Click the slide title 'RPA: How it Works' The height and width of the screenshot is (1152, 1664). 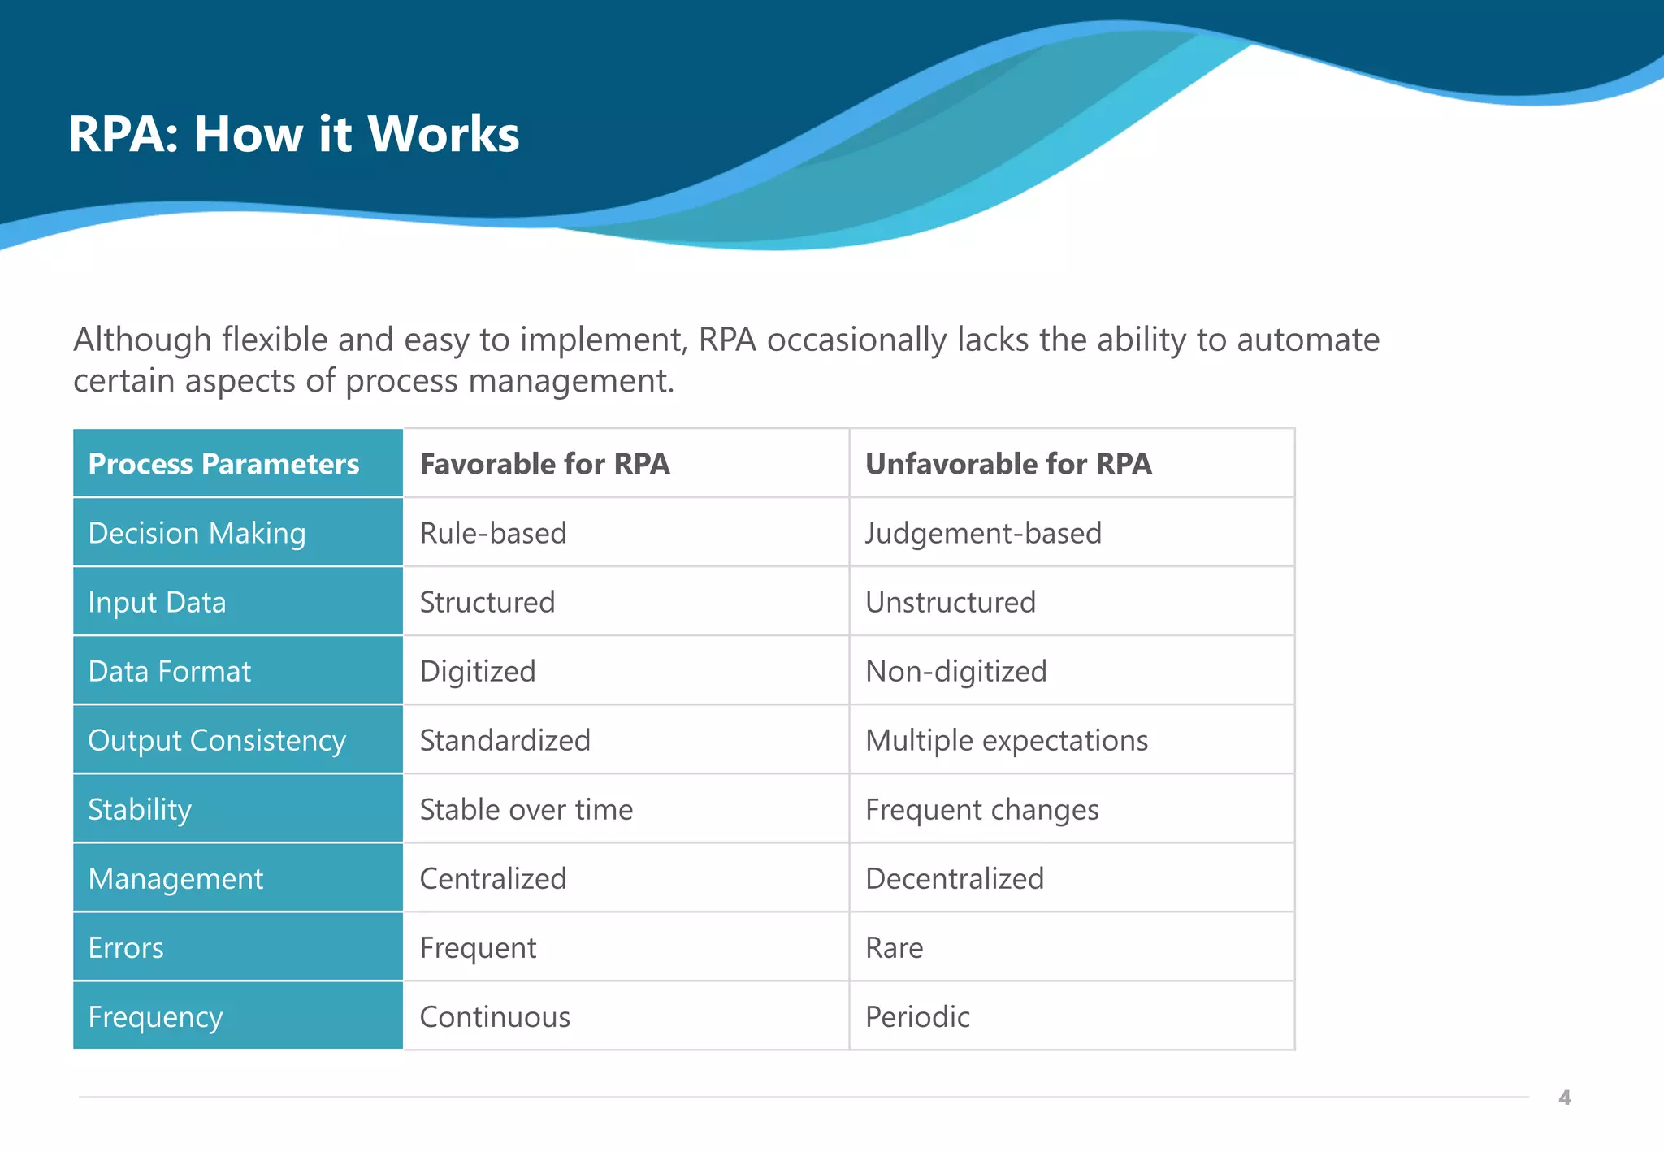pos(293,134)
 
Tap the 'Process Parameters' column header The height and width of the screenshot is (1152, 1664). pos(223,464)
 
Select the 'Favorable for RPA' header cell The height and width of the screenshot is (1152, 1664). pos(544,464)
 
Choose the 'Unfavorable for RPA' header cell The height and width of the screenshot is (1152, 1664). pos(1008,464)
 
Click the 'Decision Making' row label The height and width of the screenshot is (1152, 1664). pos(197,533)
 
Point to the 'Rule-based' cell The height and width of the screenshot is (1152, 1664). pos(493,533)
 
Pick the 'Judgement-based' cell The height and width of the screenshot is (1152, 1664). pos(983,533)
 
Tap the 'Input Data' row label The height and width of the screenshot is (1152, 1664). pos(157,602)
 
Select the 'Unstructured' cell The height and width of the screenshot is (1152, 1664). pos(951,602)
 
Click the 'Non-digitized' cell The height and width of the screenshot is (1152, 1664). pos(956,671)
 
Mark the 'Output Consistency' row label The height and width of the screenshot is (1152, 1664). pos(217,740)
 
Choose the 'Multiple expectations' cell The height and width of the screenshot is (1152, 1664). pos(1007,740)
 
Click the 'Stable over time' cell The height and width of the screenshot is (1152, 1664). pos(526,809)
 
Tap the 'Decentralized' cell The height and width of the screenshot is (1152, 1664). pos(955,878)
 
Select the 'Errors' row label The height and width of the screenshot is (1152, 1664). pos(126,947)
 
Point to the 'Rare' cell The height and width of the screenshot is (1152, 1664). pos(894,947)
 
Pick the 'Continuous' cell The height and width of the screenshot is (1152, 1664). pos(495,1016)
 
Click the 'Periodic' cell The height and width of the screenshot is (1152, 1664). pos(917,1016)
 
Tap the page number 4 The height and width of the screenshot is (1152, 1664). pos(1564,1098)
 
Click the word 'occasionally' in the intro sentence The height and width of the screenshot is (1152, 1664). pos(856,340)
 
